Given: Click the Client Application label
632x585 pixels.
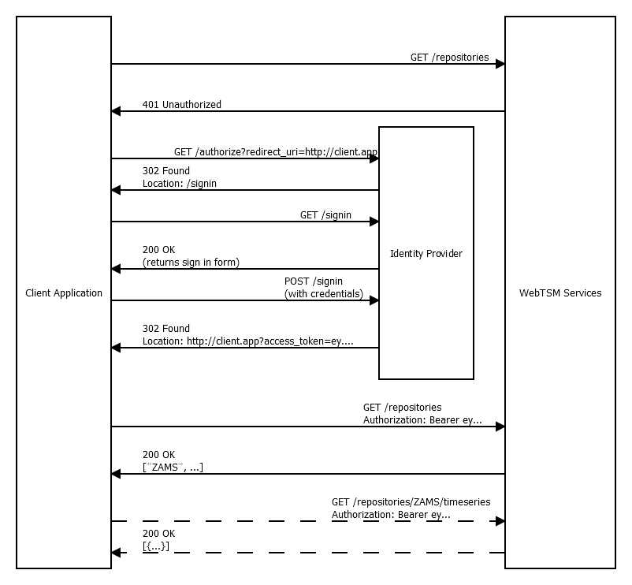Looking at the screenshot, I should [x=64, y=293].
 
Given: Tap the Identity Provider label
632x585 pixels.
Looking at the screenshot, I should [x=426, y=254].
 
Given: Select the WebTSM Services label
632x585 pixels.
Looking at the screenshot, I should [x=560, y=293].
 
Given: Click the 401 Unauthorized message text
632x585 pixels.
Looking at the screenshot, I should [x=182, y=104].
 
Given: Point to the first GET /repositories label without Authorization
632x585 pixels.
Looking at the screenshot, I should [x=449, y=58].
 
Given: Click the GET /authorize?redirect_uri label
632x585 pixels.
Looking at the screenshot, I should [x=276, y=151].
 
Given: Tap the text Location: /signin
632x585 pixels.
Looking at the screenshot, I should [x=180, y=183].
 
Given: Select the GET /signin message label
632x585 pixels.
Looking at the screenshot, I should [x=325, y=214].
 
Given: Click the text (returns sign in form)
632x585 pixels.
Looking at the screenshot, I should [x=191, y=262].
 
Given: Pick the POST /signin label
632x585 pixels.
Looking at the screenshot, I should [x=314, y=281].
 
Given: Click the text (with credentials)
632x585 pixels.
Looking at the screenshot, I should [x=324, y=294].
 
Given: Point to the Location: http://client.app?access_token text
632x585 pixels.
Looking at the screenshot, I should [x=247, y=341].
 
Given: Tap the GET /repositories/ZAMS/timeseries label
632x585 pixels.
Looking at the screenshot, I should [x=405, y=501].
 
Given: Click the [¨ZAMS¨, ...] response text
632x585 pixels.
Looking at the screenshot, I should [x=173, y=467].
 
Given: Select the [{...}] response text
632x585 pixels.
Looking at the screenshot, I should [x=156, y=546].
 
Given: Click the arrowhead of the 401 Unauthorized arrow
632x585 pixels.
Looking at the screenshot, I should [x=117, y=111].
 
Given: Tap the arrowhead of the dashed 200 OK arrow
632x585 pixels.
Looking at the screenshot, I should [x=117, y=553].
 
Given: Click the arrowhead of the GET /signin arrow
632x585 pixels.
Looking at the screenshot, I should [x=374, y=222].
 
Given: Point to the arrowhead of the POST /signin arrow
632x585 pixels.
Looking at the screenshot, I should [x=374, y=300].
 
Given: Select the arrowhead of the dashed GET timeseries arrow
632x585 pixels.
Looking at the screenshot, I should [x=500, y=521].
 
